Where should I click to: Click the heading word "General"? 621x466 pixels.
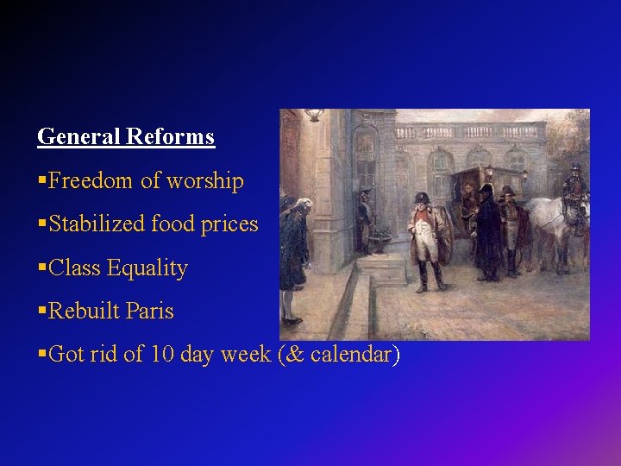[x=79, y=136]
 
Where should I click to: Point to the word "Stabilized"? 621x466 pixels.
[x=97, y=224]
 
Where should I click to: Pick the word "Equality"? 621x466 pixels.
[x=147, y=268]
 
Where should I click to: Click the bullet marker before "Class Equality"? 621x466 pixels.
[x=42, y=268]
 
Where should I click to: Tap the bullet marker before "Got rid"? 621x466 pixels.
[x=42, y=354]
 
